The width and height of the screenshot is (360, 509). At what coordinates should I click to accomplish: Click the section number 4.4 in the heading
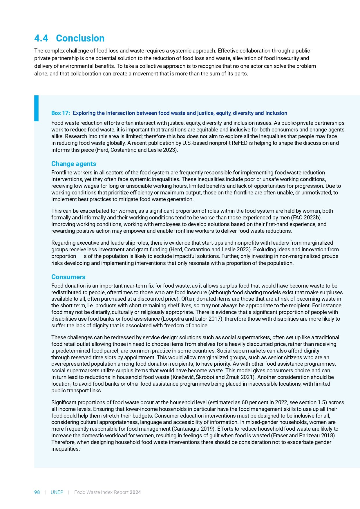(41, 38)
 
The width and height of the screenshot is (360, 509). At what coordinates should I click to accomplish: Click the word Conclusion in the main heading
(80, 38)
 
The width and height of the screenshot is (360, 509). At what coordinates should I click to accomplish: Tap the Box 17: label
(61, 113)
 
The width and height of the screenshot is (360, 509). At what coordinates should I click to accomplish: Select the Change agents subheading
(74, 164)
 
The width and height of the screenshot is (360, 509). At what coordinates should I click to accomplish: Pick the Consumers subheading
(68, 277)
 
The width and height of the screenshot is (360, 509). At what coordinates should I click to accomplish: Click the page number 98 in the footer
(37, 492)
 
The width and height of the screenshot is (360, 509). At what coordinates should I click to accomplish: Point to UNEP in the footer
(57, 492)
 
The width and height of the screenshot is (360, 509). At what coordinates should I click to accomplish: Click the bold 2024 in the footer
(135, 492)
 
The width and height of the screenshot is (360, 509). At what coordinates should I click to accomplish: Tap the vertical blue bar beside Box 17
(36, 108)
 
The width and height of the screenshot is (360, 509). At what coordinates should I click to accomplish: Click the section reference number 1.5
(322, 402)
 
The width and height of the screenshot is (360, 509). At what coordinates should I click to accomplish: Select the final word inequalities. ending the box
(66, 449)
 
